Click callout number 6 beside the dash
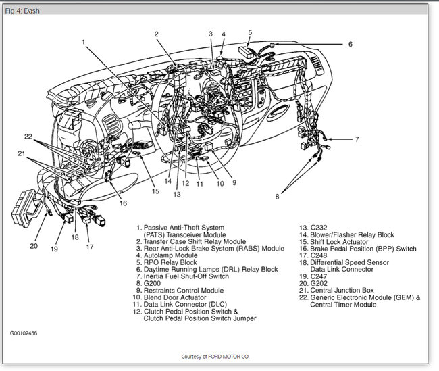[x=351, y=44]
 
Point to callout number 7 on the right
[x=357, y=139]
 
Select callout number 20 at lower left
[x=34, y=246]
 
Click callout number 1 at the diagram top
[x=84, y=41]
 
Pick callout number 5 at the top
[x=250, y=32]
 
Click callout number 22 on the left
[x=28, y=137]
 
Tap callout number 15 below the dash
[x=155, y=191]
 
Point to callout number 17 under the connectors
[x=90, y=247]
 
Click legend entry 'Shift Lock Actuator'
[x=334, y=242]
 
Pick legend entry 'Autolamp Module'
[x=167, y=256]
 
